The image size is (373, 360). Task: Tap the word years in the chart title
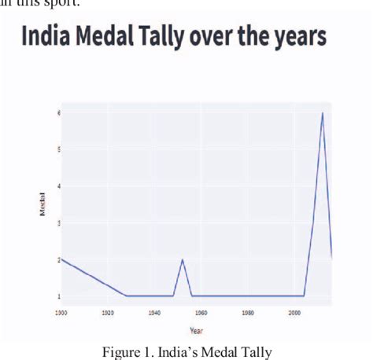(x=294, y=38)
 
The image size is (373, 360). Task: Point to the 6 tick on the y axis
(x=57, y=112)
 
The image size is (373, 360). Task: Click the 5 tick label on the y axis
(x=57, y=149)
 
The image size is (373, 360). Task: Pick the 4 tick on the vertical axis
(x=57, y=186)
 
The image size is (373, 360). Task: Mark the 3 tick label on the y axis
(x=57, y=223)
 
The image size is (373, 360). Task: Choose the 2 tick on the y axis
(x=57, y=259)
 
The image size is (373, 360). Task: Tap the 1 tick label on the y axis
(x=57, y=296)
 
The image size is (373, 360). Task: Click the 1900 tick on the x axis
(x=61, y=313)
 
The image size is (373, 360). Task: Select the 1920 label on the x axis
(x=108, y=313)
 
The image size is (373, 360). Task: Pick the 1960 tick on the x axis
(x=201, y=313)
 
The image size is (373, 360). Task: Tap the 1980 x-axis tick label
(x=248, y=313)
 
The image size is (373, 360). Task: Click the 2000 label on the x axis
(x=294, y=313)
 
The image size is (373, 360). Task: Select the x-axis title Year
(x=197, y=330)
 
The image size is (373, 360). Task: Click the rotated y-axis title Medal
(x=42, y=204)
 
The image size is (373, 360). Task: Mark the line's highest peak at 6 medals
(x=322, y=113)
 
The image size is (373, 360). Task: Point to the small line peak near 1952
(x=183, y=260)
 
